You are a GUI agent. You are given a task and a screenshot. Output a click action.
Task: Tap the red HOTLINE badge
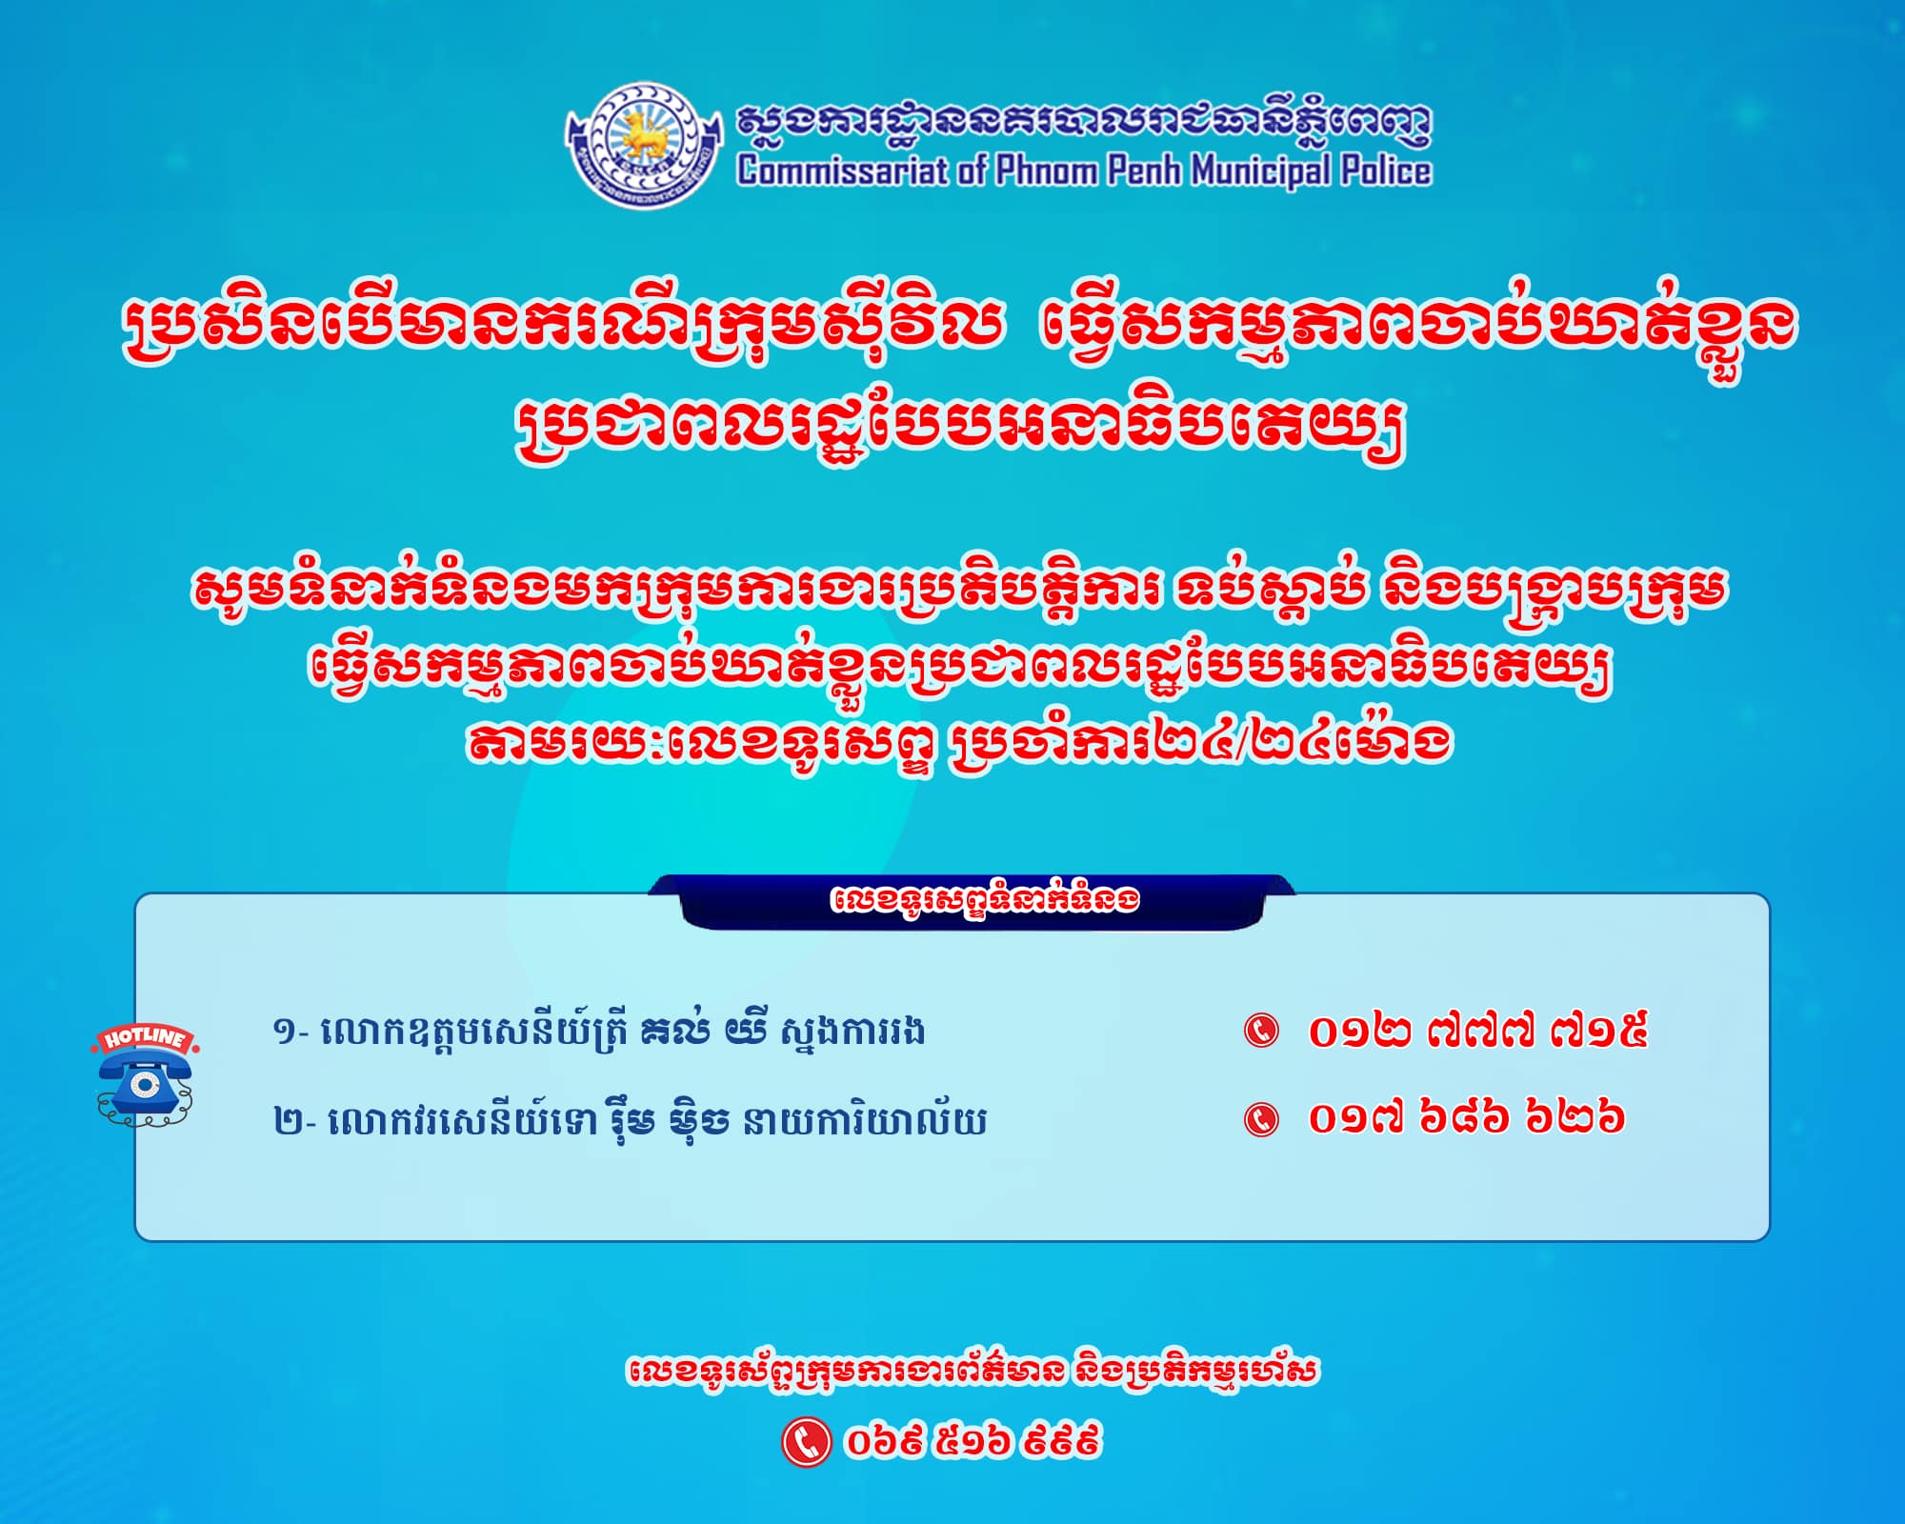click(x=145, y=1038)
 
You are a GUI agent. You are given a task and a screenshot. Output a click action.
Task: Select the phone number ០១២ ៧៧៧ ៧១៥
click(x=1477, y=1032)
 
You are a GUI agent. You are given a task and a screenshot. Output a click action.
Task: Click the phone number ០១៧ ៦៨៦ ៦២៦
click(x=1466, y=1117)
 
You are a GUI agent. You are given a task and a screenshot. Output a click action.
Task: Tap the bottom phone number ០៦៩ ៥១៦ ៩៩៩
click(x=973, y=1441)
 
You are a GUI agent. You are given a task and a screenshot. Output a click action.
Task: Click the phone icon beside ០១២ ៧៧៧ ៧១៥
click(x=1262, y=1032)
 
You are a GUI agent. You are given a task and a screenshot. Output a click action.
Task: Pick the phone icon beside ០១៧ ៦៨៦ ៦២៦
click(x=1262, y=1118)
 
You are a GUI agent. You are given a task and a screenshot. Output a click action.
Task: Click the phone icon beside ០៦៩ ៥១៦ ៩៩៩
click(x=806, y=1441)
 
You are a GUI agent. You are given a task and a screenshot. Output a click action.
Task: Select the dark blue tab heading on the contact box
click(x=972, y=901)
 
